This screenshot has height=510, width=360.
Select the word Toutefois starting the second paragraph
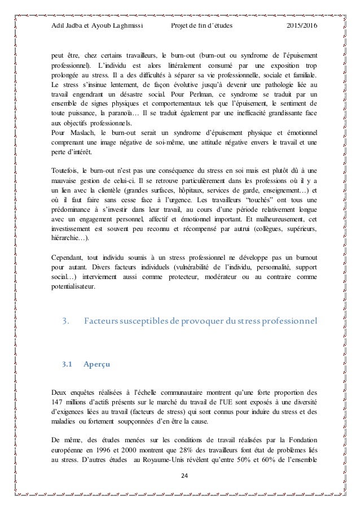click(x=64, y=169)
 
